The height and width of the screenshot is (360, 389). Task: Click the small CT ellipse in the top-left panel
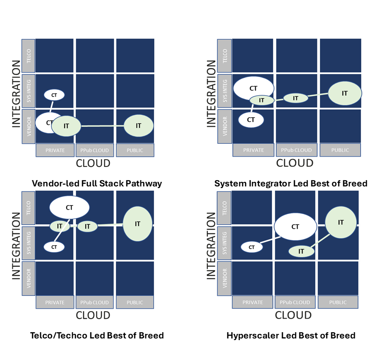[54, 95]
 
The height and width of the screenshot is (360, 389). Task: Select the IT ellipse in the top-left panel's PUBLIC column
[139, 126]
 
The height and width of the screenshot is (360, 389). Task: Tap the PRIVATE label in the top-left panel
[55, 150]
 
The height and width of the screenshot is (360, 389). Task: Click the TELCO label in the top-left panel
[28, 56]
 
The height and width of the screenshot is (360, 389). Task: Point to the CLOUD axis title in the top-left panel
[93, 163]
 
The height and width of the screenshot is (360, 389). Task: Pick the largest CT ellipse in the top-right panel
[253, 88]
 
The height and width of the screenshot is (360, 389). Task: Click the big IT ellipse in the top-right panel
[345, 93]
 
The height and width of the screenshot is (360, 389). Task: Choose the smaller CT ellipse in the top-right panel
[251, 120]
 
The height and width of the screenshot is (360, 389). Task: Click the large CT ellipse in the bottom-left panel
[70, 208]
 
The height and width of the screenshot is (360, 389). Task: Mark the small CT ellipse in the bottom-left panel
[54, 247]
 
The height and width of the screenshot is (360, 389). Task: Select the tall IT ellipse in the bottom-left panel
[138, 224]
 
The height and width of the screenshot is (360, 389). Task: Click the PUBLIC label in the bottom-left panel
[135, 302]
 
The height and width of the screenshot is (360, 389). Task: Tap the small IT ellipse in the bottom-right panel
[301, 251]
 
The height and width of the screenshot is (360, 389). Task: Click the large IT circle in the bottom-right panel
[341, 222]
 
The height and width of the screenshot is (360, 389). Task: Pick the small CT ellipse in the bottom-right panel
[252, 247]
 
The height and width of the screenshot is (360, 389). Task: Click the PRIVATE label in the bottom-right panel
[252, 302]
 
